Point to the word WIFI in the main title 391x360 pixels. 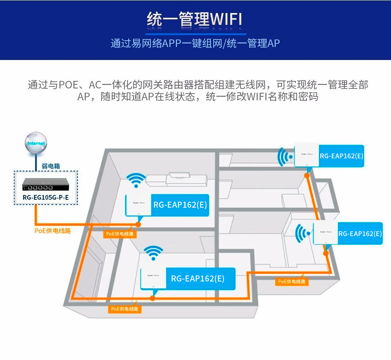(226, 19)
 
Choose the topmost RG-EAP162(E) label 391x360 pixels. (342, 156)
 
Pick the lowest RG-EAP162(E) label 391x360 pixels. (197, 278)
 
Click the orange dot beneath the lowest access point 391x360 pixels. (153, 298)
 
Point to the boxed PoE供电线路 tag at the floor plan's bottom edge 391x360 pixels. (125, 309)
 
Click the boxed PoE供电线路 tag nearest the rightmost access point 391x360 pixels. (292, 281)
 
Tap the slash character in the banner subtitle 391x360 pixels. (225, 43)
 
